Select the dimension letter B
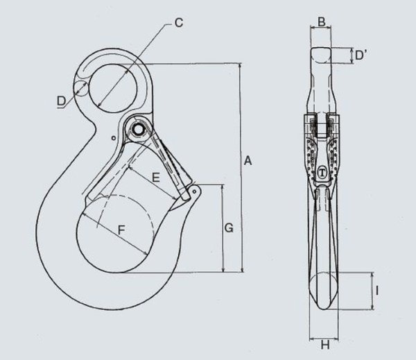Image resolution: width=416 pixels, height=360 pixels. pos(320,20)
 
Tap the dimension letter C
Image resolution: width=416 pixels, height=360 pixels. pos(178,23)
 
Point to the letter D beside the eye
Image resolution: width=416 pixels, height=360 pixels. pos(61,102)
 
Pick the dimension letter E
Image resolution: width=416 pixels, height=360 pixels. pos(156,178)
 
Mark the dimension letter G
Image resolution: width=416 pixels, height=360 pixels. pos(229,227)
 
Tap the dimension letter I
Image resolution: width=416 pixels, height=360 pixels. pos(374,291)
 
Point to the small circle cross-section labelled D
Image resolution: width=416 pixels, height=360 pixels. pos(80,88)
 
